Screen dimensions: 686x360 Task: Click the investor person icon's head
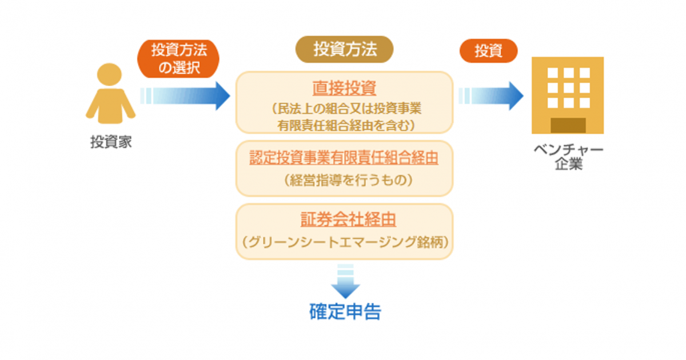109,74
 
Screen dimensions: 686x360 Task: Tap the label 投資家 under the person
111,142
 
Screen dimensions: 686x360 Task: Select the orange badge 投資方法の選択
178,58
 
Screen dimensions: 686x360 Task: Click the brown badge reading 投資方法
345,49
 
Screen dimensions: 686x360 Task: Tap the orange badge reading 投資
488,51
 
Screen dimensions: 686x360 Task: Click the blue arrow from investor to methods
185,96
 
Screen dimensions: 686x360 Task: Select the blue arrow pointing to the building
491,96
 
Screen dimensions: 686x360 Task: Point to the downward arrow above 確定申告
345,281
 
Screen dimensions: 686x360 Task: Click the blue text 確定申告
345,311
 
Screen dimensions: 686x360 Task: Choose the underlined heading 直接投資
344,88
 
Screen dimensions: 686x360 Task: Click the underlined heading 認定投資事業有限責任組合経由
344,158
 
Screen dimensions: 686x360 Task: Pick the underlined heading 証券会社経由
348,219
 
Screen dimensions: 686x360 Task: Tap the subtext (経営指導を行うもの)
348,181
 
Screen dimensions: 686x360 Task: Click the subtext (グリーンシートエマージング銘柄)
345,242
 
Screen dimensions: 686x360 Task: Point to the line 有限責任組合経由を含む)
346,126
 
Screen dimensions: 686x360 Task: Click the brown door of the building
568,126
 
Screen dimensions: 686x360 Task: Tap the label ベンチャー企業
569,157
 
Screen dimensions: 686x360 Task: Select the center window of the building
568,88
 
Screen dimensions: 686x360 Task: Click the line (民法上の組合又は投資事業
346,109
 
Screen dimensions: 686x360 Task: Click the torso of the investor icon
110,106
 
